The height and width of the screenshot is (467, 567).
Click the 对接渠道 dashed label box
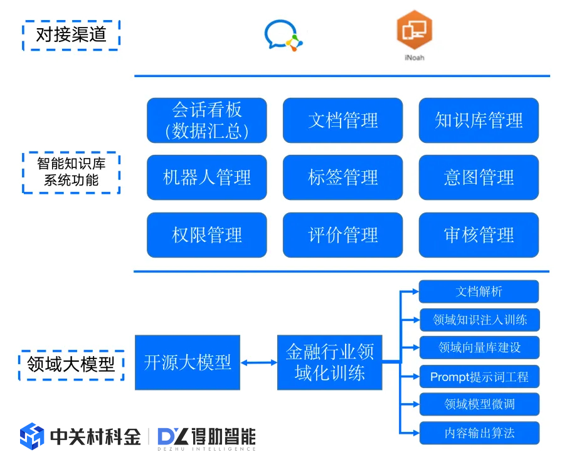(71, 35)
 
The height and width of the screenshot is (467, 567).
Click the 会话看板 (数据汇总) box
(207, 120)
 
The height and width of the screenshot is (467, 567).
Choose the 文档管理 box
(342, 120)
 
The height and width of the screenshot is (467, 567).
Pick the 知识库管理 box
(479, 120)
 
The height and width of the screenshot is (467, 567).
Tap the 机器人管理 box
(207, 177)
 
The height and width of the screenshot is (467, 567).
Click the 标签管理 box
(342, 177)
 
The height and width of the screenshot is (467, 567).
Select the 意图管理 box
(479, 177)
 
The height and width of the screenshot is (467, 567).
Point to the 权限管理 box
(207, 235)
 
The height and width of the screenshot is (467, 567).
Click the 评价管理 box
(342, 235)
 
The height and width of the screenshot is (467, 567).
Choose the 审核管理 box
(479, 235)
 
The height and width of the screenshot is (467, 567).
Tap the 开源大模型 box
(188, 362)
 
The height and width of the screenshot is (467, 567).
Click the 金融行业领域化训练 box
(329, 362)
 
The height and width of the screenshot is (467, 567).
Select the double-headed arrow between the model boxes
(258, 362)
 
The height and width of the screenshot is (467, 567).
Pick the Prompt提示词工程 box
(479, 377)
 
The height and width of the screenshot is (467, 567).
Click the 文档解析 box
(479, 291)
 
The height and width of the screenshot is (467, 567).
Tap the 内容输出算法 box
(479, 433)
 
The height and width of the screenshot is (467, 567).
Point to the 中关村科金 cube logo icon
(32, 436)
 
